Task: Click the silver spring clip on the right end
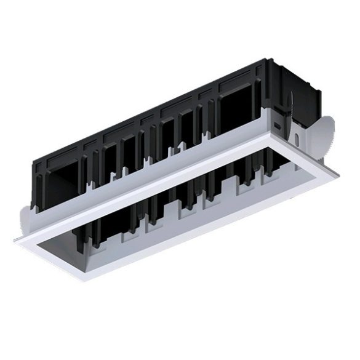click(322, 137)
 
